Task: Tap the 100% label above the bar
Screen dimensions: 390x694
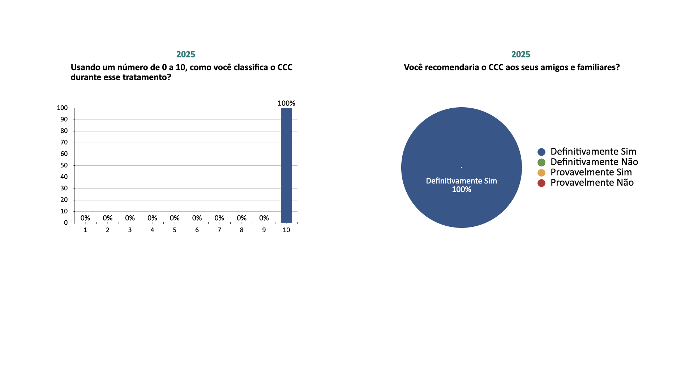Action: (286, 103)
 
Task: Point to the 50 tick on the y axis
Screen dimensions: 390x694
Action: (64, 165)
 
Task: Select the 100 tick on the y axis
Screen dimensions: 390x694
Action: (62, 108)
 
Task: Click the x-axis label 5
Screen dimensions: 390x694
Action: (175, 230)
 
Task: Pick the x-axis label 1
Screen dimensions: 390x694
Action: (85, 230)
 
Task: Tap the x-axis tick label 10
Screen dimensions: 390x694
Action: (286, 230)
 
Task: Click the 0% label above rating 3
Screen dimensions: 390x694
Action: (130, 218)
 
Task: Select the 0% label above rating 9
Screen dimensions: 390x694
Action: (264, 218)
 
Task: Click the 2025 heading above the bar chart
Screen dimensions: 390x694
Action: (186, 55)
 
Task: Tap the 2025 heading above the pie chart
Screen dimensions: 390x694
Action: (520, 55)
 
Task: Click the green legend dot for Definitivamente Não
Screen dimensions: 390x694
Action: (541, 162)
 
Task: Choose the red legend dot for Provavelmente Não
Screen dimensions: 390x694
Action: (541, 183)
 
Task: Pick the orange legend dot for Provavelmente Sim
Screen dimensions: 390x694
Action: (541, 173)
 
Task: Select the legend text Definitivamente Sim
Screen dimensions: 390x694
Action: (593, 152)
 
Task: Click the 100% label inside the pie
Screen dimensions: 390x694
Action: (461, 190)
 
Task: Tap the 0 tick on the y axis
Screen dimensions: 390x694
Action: (66, 223)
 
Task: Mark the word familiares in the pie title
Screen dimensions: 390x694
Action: (598, 68)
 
